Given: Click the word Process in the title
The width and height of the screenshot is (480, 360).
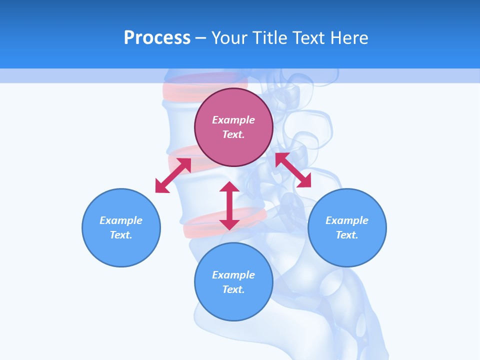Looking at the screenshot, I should click(157, 38).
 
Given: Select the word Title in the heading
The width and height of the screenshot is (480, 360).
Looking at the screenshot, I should click(270, 38).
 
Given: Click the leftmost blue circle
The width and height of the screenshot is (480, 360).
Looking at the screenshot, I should click(121, 227).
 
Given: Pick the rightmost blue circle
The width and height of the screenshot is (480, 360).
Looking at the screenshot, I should click(347, 227).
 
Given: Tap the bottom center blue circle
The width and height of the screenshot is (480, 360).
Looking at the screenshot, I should click(233, 282).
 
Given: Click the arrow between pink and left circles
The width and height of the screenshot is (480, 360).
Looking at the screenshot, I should click(173, 175).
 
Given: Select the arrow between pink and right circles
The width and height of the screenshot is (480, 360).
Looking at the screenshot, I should click(293, 170).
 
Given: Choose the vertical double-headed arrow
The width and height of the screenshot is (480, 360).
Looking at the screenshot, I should click(229, 205).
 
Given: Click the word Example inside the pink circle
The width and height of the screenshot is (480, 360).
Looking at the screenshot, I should click(233, 120).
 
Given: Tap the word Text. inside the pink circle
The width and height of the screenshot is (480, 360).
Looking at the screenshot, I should click(233, 134).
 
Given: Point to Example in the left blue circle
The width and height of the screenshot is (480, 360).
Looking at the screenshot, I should click(121, 220).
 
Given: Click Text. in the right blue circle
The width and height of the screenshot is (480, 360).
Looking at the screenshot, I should click(347, 235).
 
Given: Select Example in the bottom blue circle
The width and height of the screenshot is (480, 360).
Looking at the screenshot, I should click(233, 275).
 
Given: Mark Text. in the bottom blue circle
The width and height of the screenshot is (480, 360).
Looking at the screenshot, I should click(233, 289).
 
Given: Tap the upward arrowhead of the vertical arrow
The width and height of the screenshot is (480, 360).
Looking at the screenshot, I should click(229, 186).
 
